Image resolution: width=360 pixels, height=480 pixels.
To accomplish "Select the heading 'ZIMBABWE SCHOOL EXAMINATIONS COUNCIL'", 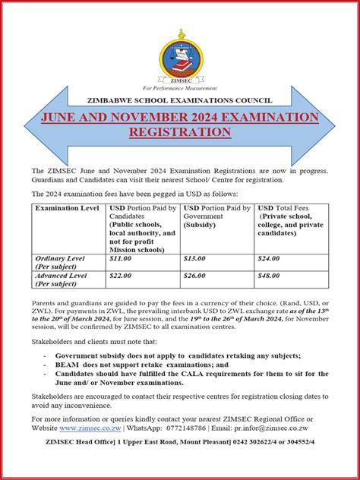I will pyautogui.click(x=180, y=99).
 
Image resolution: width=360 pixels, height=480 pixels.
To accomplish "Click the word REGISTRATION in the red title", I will pyautogui.click(x=179, y=132).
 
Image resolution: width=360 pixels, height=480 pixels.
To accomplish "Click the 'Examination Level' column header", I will pyautogui.click(x=63, y=208).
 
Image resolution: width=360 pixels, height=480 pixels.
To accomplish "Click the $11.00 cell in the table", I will pyautogui.click(x=122, y=259).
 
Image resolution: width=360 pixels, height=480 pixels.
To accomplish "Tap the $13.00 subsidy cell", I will pyautogui.click(x=196, y=259).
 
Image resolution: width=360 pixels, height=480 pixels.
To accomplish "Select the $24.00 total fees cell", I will pyautogui.click(x=269, y=259).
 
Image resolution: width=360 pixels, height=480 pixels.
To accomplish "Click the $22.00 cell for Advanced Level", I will pyautogui.click(x=122, y=276).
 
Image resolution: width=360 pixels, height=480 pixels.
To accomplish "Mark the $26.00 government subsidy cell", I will pyautogui.click(x=196, y=276).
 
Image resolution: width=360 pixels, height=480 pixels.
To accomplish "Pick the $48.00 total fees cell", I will pyautogui.click(x=269, y=276).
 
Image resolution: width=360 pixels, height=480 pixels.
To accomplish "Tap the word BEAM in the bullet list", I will pyautogui.click(x=66, y=365).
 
